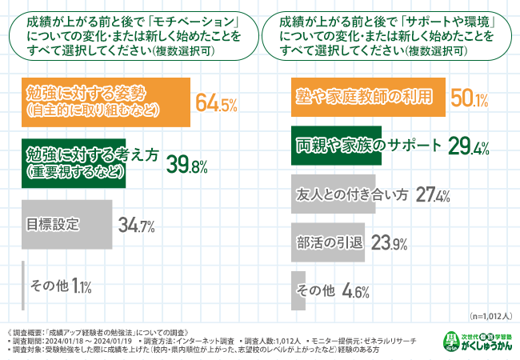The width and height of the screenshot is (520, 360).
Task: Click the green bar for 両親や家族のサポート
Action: point(337,147)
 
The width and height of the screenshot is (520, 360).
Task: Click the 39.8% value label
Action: point(187,166)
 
